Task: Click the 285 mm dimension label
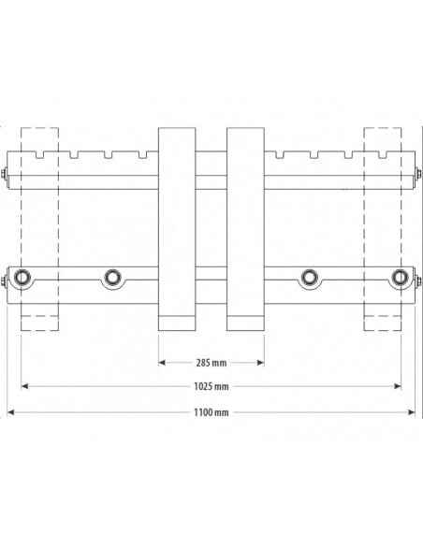tap(211, 362)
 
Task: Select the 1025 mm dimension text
tap(211, 386)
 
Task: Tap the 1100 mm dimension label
tap(211, 411)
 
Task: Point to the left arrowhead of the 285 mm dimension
tap(161, 362)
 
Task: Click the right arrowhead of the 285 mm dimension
tap(261, 362)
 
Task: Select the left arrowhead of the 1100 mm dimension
tap(11, 411)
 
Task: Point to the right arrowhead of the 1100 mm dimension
tap(412, 411)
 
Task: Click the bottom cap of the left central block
tap(177, 323)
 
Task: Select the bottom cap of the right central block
tap(246, 323)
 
